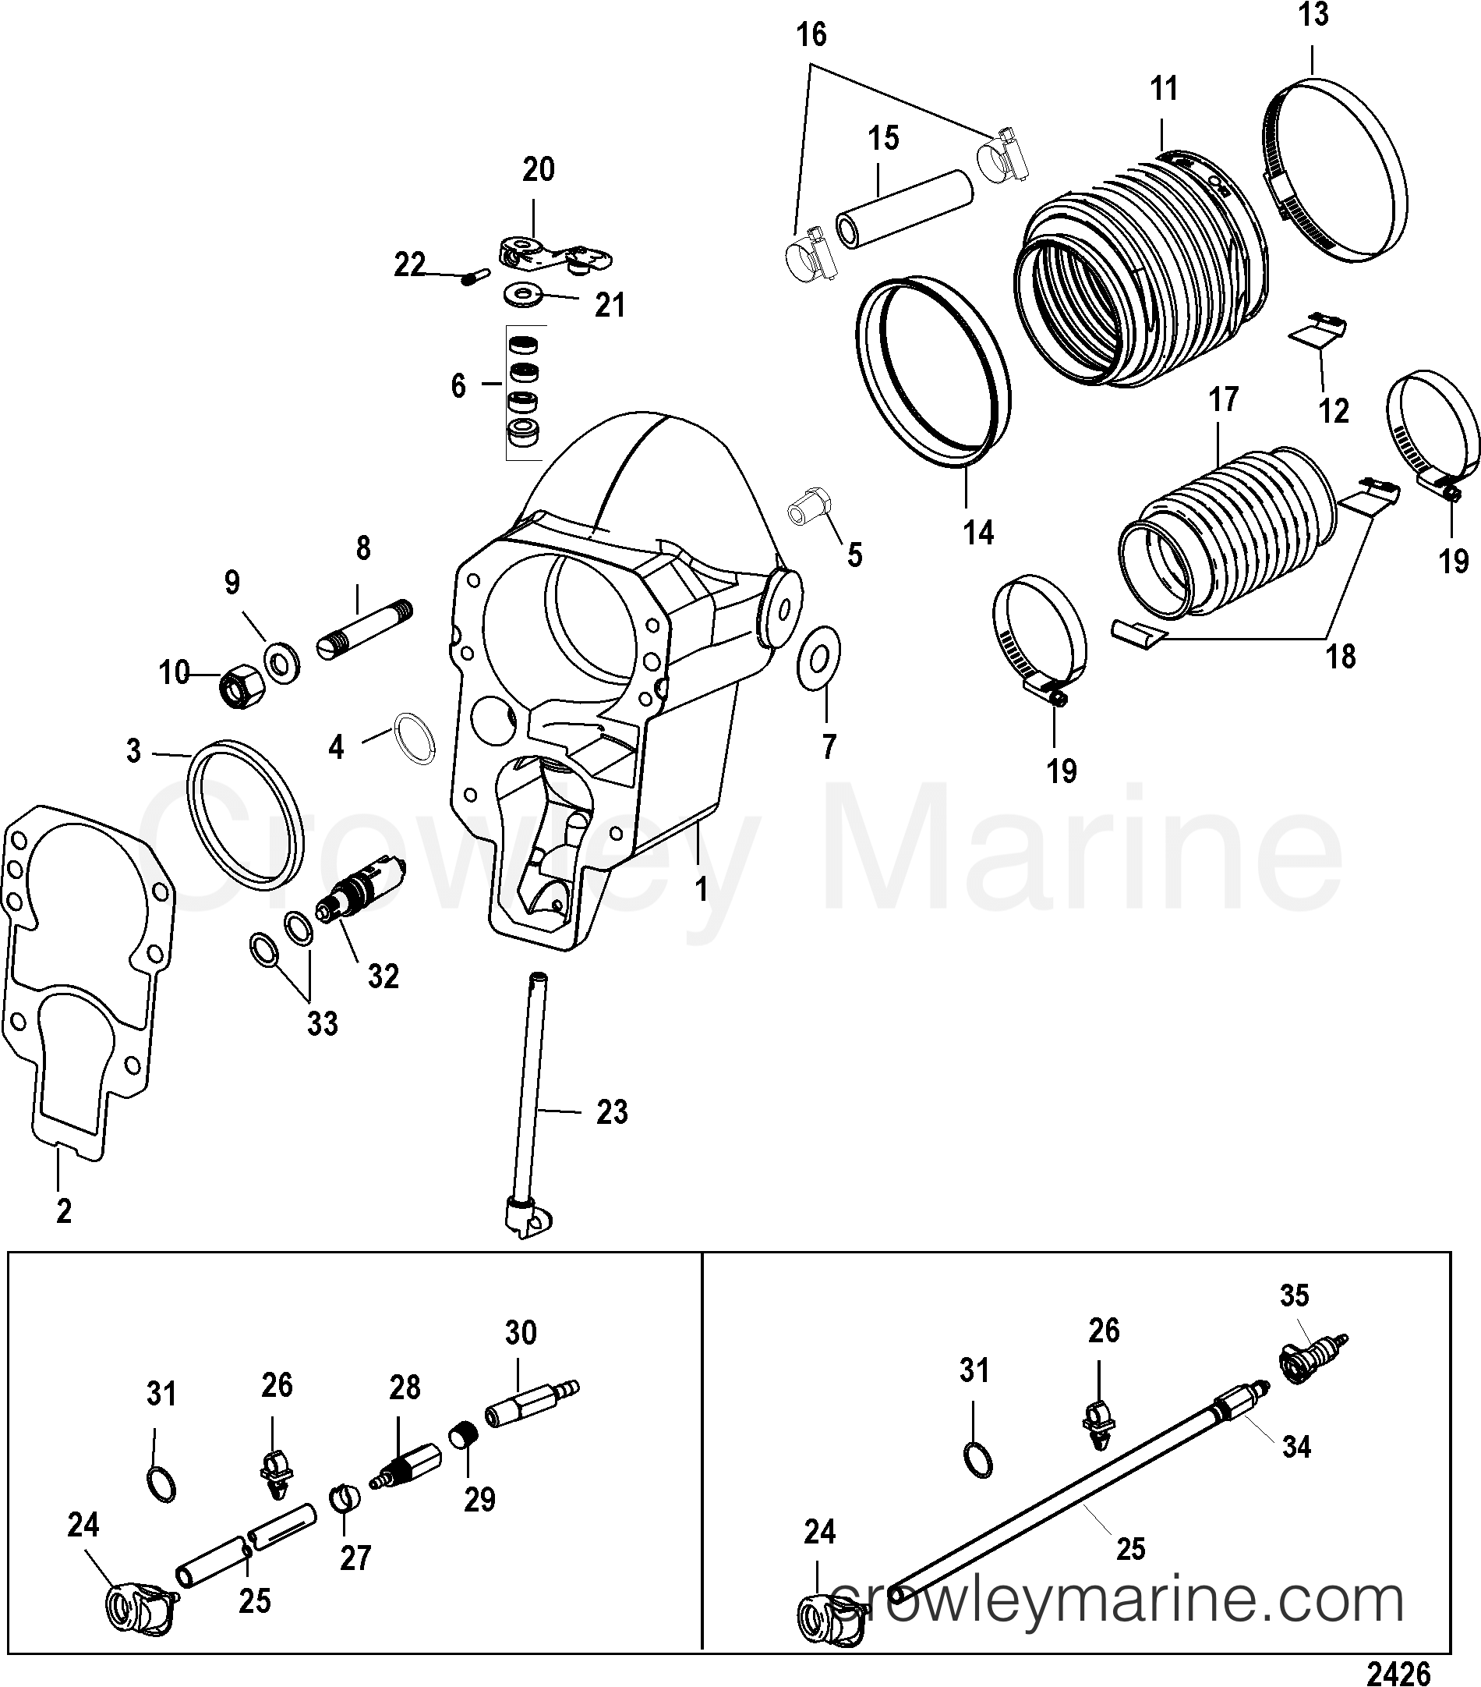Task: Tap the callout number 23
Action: coord(612,1111)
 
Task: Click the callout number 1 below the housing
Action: coord(701,889)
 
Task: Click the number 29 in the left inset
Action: coord(479,1498)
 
